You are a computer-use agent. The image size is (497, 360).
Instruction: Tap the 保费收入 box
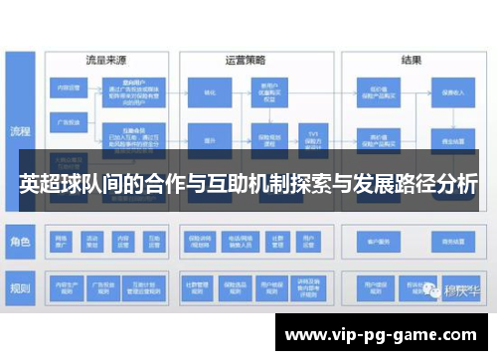point(452,91)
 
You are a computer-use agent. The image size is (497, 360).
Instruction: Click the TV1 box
point(311,135)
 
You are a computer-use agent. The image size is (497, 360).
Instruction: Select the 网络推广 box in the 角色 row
point(63,240)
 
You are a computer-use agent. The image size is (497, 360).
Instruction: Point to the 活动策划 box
point(92,240)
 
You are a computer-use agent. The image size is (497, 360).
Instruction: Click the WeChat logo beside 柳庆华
point(433,291)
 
